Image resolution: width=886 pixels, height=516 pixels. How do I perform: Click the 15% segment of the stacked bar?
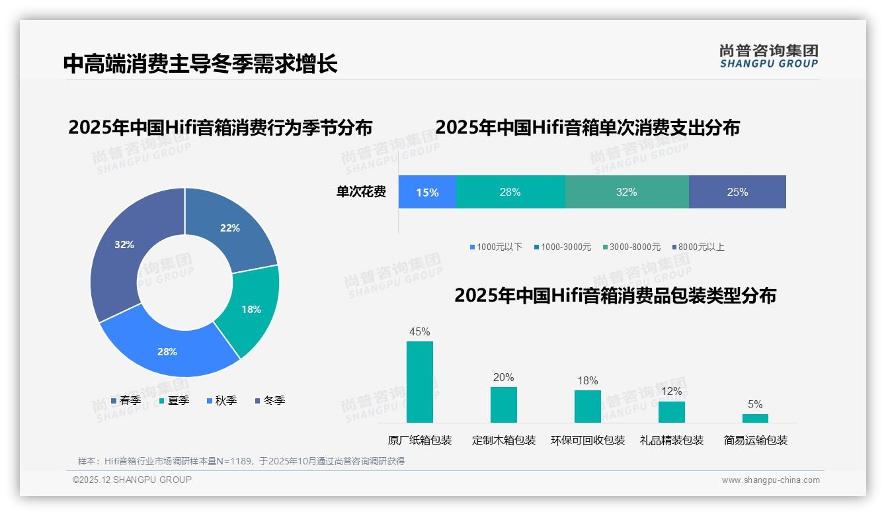427,192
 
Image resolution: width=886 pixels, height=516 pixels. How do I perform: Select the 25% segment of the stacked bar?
737,192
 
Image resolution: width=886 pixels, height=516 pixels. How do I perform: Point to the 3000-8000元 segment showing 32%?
626,192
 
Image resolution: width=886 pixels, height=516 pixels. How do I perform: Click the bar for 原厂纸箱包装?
420,382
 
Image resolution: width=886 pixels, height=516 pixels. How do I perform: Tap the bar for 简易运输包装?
755,418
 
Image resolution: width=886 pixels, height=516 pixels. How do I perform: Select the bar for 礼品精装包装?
671,411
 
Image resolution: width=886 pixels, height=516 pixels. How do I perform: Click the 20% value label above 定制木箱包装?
503,377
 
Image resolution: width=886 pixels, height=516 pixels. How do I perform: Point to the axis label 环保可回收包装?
588,440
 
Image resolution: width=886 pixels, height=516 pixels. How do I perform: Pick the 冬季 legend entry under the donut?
270,400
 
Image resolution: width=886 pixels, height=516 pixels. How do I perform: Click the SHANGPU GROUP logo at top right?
768,56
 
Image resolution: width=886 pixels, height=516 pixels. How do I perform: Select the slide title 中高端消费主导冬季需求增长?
200,64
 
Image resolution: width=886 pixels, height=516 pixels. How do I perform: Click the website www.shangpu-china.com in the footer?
770,480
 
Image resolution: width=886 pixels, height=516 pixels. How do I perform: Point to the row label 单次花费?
361,192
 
